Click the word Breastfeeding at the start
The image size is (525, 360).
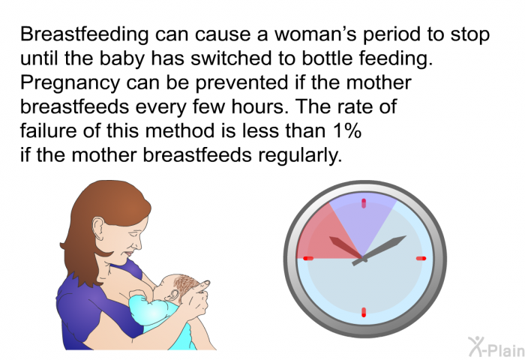tap(84, 34)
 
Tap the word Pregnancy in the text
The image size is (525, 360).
tap(70, 83)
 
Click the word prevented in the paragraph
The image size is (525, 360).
tap(241, 82)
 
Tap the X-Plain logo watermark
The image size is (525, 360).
tap(496, 346)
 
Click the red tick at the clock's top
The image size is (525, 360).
tap(364, 203)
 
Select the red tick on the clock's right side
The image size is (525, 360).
tap(421, 258)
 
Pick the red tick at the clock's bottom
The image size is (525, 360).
tap(364, 312)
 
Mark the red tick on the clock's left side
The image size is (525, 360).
tap(308, 258)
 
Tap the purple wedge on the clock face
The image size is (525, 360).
tap(363, 217)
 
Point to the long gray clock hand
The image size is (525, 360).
tap(379, 250)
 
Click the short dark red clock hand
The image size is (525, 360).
tap(346, 248)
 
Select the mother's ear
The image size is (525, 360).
tap(99, 228)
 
